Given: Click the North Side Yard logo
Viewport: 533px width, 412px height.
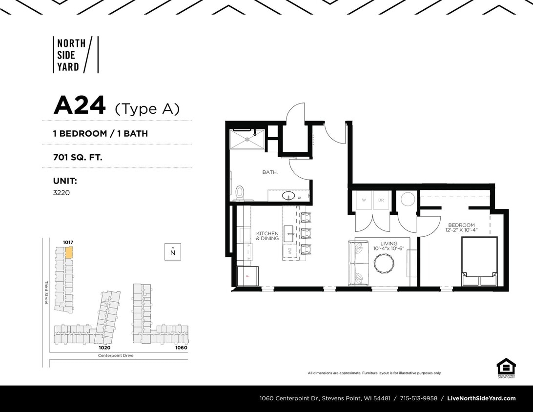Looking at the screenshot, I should pyautogui.click(x=75, y=55).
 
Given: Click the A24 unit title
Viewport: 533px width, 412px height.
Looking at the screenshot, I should pyautogui.click(x=80, y=106).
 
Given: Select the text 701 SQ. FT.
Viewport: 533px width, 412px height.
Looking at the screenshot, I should pyautogui.click(x=78, y=157).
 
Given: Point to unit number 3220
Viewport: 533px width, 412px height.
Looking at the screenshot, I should pyautogui.click(x=61, y=193).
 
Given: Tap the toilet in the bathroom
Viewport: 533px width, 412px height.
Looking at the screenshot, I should pyautogui.click(x=239, y=193).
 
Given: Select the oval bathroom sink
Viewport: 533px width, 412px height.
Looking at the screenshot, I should pyautogui.click(x=288, y=196).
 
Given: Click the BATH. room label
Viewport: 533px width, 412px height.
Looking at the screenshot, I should pyautogui.click(x=270, y=172).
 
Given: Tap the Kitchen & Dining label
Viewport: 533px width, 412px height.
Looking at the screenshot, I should pyautogui.click(x=267, y=236).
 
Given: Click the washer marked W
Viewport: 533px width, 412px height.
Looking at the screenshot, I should pyautogui.click(x=364, y=201).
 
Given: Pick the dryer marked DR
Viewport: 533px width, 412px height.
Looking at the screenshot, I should pyautogui.click(x=381, y=201).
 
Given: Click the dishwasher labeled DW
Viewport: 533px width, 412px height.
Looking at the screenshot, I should pyautogui.click(x=289, y=251).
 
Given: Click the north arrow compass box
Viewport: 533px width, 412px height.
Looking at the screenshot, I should pyautogui.click(x=173, y=252).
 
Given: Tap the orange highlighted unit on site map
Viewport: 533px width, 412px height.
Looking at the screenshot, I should pyautogui.click(x=69, y=252).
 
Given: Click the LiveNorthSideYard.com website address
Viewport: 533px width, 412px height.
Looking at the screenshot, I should pyautogui.click(x=481, y=398).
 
